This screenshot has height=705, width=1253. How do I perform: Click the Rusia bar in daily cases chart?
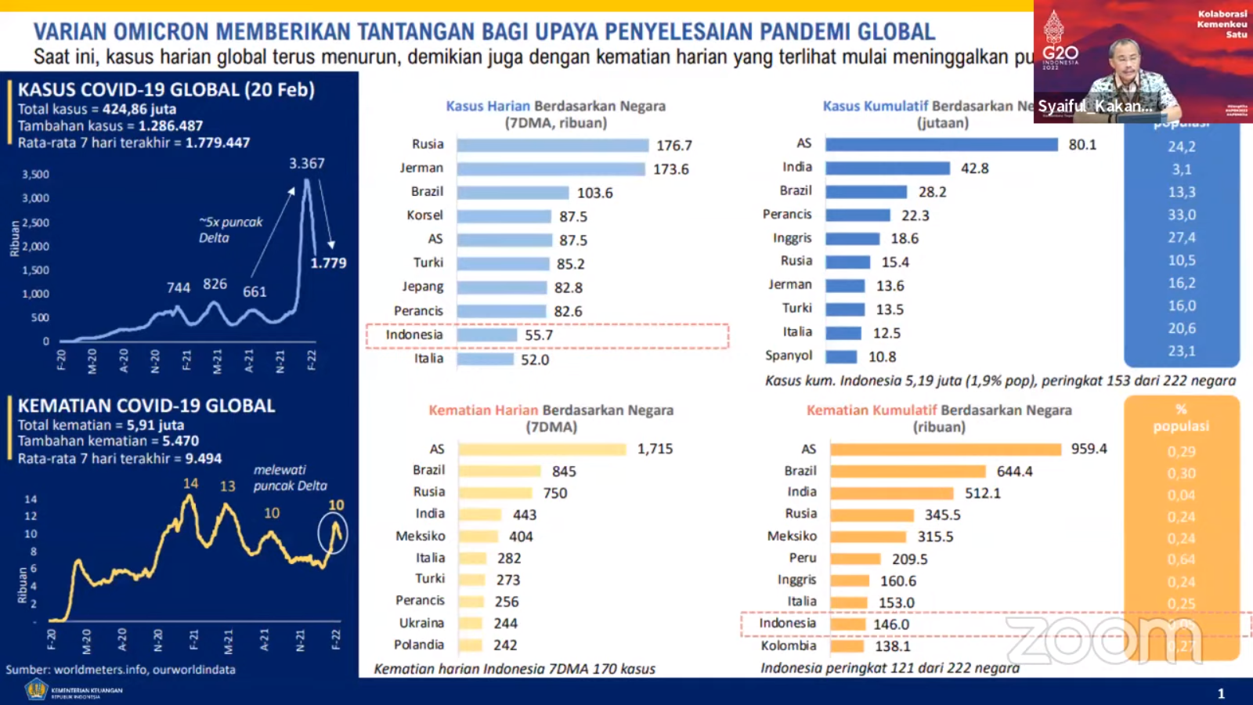[x=552, y=146]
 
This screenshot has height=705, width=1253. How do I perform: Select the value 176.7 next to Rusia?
[x=673, y=146]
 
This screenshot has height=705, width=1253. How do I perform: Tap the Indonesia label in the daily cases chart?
[x=413, y=335]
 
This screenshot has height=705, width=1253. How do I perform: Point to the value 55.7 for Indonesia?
[x=539, y=335]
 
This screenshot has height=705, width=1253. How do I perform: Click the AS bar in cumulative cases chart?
[x=941, y=145]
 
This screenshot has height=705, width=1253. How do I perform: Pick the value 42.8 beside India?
[x=974, y=168]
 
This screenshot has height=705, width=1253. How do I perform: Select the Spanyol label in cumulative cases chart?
[x=788, y=356]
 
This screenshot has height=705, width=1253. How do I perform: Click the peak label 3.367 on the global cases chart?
[x=306, y=164]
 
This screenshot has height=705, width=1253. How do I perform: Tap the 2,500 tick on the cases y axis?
[x=35, y=222]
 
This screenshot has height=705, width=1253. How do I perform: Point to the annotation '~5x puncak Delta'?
[x=230, y=230]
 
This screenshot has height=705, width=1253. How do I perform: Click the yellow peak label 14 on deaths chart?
[x=190, y=484]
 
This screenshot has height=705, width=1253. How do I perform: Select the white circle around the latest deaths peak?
[x=333, y=533]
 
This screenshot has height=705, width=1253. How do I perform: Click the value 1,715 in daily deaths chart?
[x=655, y=449]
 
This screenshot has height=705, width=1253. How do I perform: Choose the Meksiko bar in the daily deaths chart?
[x=478, y=537]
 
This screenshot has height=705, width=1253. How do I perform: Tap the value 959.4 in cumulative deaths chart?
[x=1089, y=449]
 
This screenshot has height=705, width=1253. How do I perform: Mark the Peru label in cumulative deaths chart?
[x=802, y=558]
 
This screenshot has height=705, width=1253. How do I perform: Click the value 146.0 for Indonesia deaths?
[x=891, y=624]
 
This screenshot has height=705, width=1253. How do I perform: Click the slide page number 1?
[x=1221, y=693]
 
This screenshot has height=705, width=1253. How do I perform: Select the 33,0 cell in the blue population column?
[x=1181, y=215]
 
